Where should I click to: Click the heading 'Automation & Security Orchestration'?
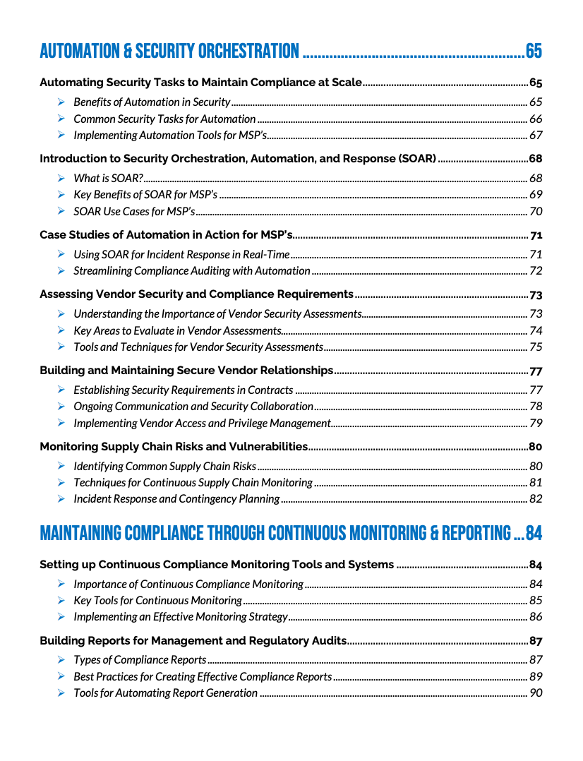coord(169,52)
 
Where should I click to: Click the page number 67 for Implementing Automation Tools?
coord(536,136)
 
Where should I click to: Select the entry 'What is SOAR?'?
coord(109,179)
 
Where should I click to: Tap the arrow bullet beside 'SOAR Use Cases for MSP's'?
coord(61,211)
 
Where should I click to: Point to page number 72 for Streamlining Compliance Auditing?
coord(536,271)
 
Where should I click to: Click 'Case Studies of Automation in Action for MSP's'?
coord(166,235)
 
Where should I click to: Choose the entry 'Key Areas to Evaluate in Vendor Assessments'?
coord(177,330)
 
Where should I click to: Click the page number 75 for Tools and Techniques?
coord(536,347)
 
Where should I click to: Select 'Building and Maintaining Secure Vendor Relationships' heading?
coord(186,371)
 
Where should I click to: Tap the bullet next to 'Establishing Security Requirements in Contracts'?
coord(61,390)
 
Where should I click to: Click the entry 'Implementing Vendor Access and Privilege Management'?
coord(202,424)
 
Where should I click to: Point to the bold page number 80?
coord(536,447)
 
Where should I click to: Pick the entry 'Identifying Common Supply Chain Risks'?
coord(164,467)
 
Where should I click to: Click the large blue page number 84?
coord(534,534)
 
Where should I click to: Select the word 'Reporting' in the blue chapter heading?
coord(475,534)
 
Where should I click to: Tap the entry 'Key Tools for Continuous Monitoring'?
coord(157,601)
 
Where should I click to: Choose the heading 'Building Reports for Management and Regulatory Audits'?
coord(193,641)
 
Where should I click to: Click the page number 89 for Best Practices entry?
coord(536,677)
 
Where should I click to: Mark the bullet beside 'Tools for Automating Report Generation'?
coord(61,693)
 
